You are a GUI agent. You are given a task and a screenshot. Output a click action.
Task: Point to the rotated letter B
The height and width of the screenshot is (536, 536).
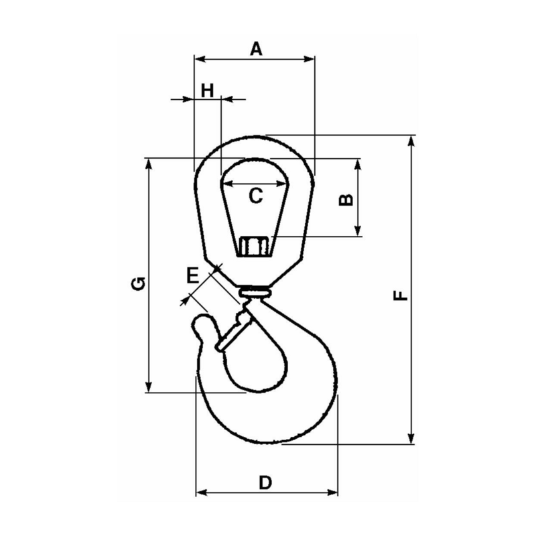pos(344,199)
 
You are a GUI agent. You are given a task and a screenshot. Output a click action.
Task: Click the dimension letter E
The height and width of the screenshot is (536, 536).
pos(192,275)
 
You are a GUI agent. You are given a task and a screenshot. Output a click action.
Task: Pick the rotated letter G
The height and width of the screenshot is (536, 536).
pos(137,283)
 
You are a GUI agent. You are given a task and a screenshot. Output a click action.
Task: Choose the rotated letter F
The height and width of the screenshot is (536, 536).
pos(400,295)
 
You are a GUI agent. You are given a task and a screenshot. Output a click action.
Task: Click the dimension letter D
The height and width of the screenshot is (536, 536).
pos(265,482)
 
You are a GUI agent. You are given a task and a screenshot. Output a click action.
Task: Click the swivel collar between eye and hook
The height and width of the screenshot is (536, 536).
pos(255,292)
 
